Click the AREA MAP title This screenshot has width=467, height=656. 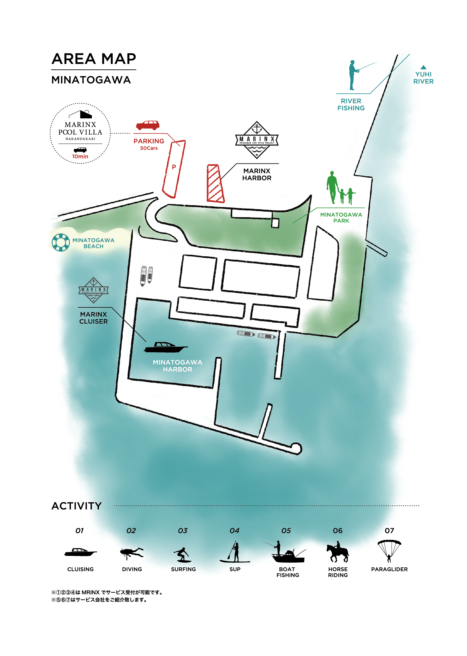[x=94, y=59]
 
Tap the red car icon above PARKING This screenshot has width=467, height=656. [x=148, y=125]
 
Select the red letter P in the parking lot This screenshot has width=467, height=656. [x=174, y=167]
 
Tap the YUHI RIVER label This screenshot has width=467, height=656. [x=423, y=78]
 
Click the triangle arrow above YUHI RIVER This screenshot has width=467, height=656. [x=423, y=67]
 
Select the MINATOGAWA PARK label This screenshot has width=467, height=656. [x=341, y=217]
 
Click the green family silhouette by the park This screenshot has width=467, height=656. [x=340, y=188]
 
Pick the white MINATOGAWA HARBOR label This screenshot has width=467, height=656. [x=177, y=366]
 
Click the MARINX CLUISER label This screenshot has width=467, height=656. [x=93, y=318]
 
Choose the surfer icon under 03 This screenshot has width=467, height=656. [x=183, y=555]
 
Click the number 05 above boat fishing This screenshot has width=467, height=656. [x=286, y=530]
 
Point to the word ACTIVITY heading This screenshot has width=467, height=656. [x=76, y=506]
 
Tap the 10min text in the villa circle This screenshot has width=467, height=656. [x=80, y=156]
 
